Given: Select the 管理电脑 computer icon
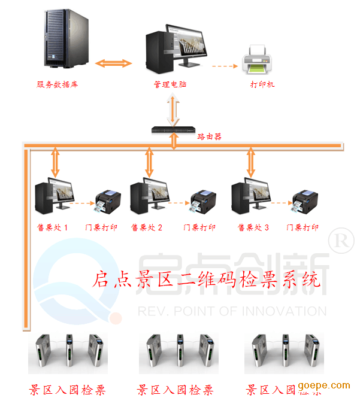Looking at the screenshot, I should coord(174,48).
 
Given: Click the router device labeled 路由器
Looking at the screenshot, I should coord(174,130).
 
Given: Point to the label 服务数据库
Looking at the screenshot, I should coord(58,84).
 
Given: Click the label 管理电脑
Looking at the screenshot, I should coord(171,84).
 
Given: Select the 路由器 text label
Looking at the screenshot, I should coord(210,136).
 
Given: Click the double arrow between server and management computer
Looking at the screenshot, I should coord(114,62).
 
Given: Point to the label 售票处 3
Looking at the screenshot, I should coord(253,227).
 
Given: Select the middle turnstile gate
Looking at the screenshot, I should coord(178,353).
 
